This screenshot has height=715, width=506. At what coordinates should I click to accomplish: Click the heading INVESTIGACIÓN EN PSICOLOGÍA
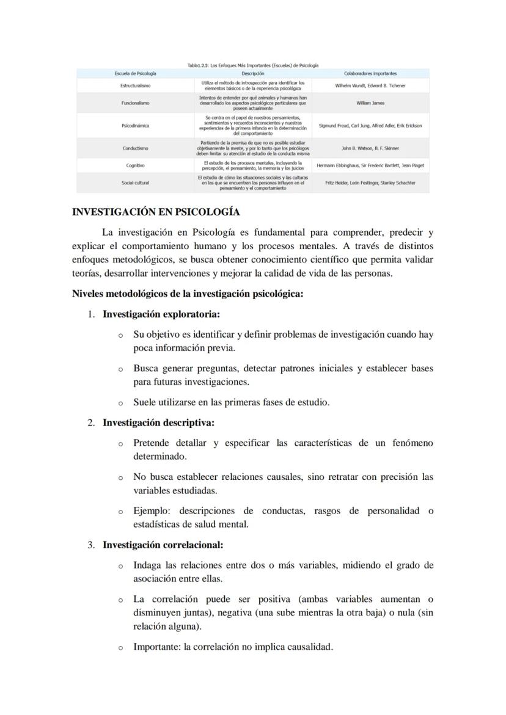(155, 212)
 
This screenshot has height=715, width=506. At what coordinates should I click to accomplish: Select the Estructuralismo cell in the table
(135, 85)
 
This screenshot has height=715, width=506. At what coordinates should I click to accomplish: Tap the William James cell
(370, 103)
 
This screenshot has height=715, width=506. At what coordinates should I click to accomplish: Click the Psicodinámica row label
(135, 126)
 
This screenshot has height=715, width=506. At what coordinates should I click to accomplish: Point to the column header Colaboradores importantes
(370, 73)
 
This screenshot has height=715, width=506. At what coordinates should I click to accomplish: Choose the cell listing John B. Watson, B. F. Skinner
(370, 148)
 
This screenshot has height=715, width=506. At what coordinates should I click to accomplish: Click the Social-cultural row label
(135, 183)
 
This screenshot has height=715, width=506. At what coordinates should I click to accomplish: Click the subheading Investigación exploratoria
(161, 314)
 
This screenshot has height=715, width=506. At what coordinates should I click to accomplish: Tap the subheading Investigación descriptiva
(158, 422)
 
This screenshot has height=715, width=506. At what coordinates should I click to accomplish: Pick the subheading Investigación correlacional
(163, 544)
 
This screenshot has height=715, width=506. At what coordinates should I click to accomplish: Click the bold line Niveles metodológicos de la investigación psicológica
(188, 294)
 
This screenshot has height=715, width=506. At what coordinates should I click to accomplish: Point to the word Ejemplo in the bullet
(151, 510)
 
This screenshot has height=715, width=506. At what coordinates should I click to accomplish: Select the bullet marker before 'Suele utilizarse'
(120, 403)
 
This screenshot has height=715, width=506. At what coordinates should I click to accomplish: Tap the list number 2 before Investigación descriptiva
(90, 422)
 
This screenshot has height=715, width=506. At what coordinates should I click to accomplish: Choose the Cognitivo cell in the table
(135, 165)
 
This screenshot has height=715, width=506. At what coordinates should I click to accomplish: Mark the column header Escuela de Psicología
(135, 73)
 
